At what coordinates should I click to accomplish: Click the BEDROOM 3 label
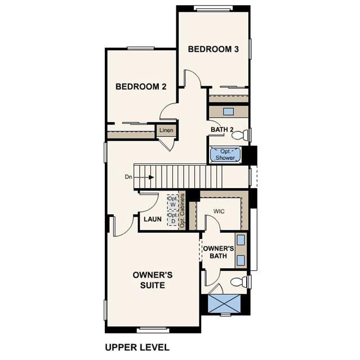(x=214, y=49)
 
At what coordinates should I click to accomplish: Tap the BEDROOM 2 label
(x=141, y=87)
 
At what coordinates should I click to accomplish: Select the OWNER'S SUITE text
(x=153, y=280)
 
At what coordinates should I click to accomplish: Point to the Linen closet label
(x=166, y=130)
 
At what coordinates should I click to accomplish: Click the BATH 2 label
(x=222, y=130)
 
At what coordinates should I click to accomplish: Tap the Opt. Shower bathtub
(x=225, y=155)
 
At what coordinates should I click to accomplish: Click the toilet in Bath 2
(x=240, y=135)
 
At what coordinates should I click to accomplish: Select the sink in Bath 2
(x=228, y=112)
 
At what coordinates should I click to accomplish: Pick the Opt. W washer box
(x=172, y=202)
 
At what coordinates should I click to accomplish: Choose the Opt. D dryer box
(x=173, y=219)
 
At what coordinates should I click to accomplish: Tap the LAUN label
(x=153, y=219)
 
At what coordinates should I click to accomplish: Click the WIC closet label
(x=219, y=211)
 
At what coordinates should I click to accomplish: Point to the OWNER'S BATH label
(x=219, y=252)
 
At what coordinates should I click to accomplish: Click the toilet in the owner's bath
(x=239, y=282)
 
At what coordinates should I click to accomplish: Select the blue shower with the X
(x=224, y=303)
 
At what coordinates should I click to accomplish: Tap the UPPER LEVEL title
(x=137, y=347)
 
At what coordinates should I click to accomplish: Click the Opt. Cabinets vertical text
(x=183, y=211)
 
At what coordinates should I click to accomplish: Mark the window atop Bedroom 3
(x=213, y=8)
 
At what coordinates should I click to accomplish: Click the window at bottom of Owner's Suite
(x=153, y=330)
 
